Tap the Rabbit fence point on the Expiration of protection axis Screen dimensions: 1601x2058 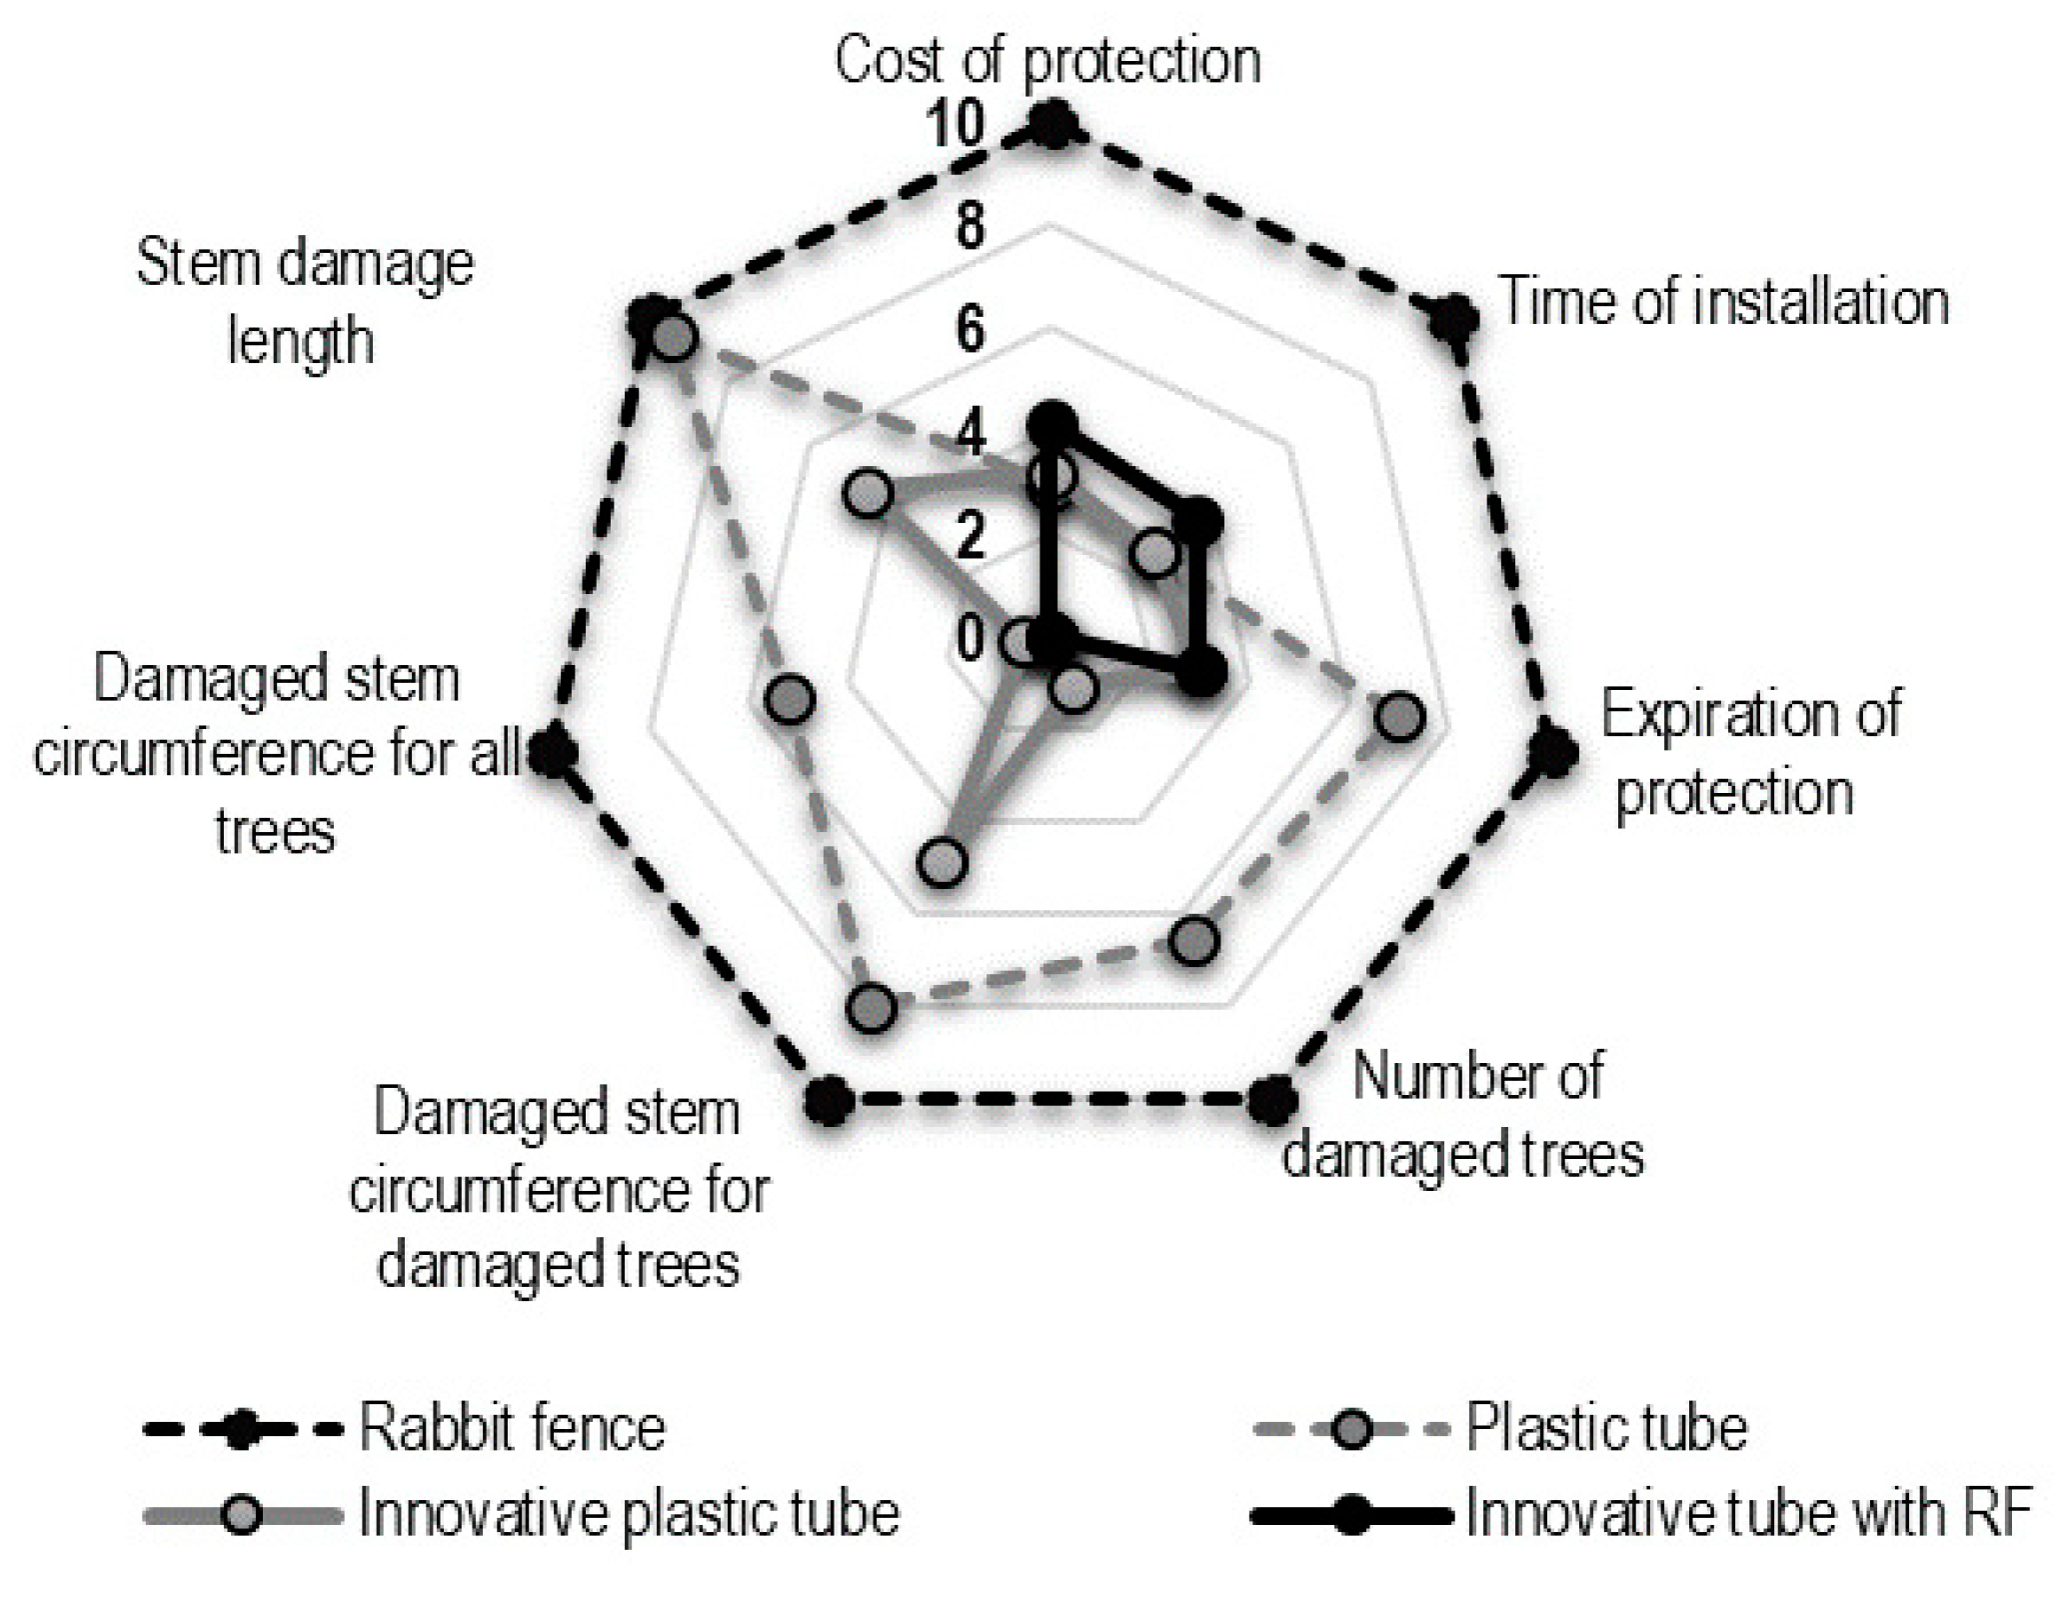point(1552,752)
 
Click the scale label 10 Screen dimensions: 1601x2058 point(956,125)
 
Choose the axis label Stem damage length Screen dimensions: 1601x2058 point(304,302)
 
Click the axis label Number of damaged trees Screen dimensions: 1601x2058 point(1463,1116)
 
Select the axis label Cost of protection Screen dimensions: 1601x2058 point(1046,61)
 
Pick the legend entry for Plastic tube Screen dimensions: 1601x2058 point(1605,1427)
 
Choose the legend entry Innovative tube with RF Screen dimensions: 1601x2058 point(1747,1513)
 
